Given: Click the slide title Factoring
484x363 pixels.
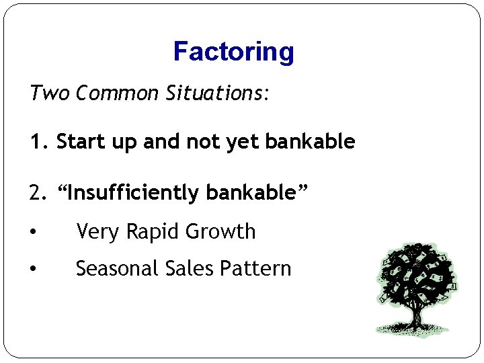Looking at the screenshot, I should [x=233, y=51].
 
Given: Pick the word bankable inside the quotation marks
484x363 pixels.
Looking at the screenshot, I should [x=251, y=193].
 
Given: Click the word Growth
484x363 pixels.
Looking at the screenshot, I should [x=220, y=232].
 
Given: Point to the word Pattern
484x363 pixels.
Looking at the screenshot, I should [x=257, y=269].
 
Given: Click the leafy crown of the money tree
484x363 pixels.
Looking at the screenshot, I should [x=416, y=272].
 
